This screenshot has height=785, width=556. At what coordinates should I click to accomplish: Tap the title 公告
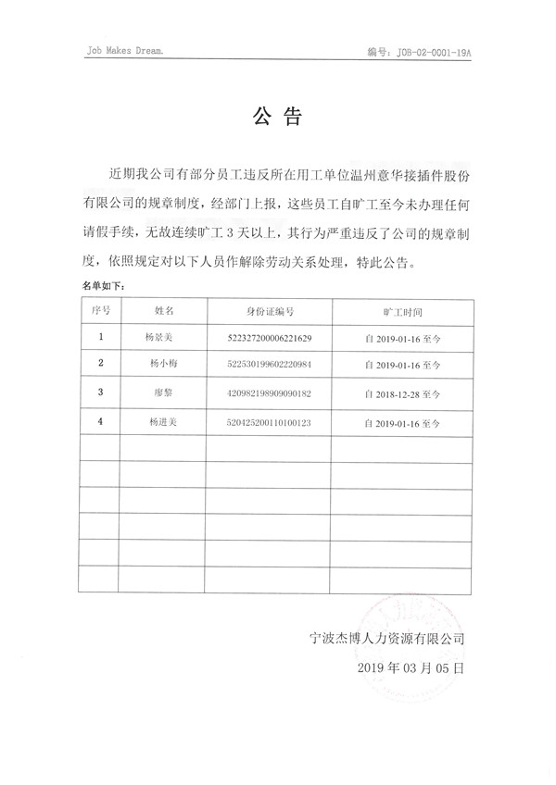(x=278, y=117)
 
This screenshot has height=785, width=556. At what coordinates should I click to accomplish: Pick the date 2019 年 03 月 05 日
(x=409, y=667)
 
